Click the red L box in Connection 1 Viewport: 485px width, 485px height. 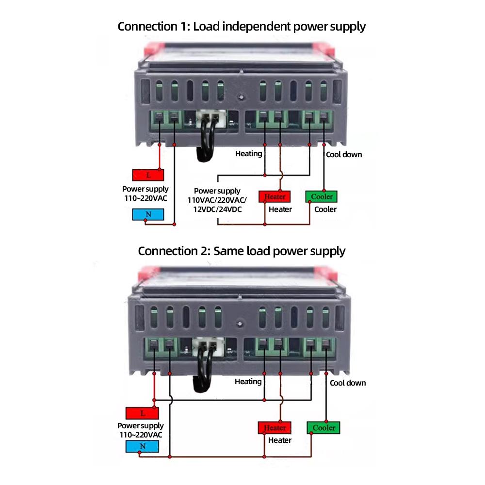[x=147, y=175]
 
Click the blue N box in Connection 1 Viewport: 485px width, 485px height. [x=147, y=214]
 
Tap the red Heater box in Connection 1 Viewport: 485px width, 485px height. [x=275, y=196]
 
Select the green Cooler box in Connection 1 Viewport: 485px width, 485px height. [x=321, y=196]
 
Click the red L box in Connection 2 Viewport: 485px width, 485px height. [x=142, y=413]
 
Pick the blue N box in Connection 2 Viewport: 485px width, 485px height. [x=142, y=446]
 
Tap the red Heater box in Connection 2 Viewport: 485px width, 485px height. [x=275, y=428]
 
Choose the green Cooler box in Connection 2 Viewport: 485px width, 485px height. [x=323, y=427]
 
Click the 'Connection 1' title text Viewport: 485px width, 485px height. [x=242, y=26]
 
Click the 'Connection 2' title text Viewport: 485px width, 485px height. [x=242, y=251]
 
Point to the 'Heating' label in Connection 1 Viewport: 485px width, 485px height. [x=248, y=154]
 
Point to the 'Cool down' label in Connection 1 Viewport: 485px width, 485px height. [x=344, y=155]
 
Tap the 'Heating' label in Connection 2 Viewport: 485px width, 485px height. [x=248, y=382]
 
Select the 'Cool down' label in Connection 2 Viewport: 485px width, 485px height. [x=348, y=383]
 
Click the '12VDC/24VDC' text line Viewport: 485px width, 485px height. [x=217, y=209]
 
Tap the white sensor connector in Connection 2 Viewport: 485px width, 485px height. [x=207, y=346]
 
